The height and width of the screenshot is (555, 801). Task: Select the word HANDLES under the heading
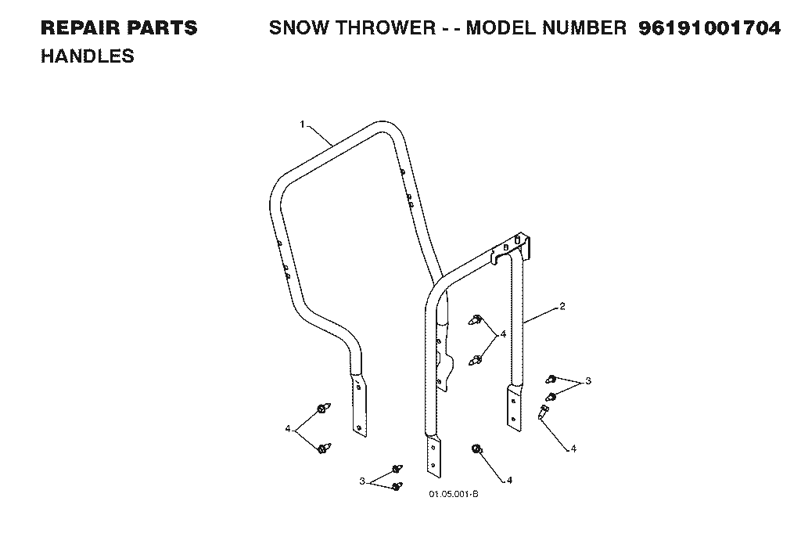pyautogui.click(x=88, y=56)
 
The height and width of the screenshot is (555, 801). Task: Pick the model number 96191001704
pyautogui.click(x=709, y=28)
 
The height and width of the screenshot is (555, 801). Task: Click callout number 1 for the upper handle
pyautogui.click(x=303, y=124)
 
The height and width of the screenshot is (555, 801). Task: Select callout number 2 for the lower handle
pyautogui.click(x=562, y=306)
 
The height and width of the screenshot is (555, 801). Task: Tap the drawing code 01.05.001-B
pyautogui.click(x=454, y=494)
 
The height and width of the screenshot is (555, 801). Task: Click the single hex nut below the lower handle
pyautogui.click(x=476, y=449)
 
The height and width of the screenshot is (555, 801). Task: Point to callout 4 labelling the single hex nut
pyautogui.click(x=509, y=481)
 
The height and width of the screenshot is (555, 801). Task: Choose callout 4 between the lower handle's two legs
pyautogui.click(x=503, y=334)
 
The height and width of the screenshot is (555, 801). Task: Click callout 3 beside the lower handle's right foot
pyautogui.click(x=588, y=380)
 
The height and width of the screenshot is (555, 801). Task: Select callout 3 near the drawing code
pyautogui.click(x=362, y=481)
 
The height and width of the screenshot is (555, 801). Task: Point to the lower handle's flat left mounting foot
pyautogui.click(x=433, y=456)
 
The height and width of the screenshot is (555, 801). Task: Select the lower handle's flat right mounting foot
pyautogui.click(x=515, y=407)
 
